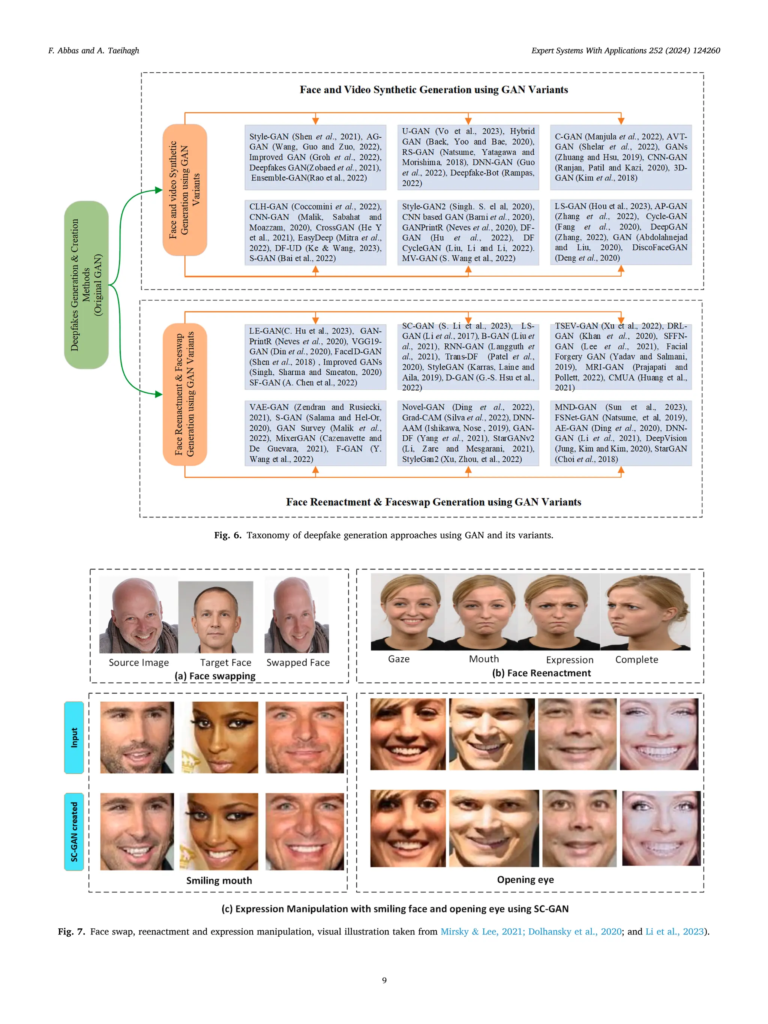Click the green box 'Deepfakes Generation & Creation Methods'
86,285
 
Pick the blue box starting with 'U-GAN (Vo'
468,157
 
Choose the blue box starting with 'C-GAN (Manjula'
620,157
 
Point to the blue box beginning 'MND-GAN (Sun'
620,433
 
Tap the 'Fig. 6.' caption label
228,535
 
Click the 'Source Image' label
138,663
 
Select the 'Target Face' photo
216,617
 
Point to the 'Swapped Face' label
298,663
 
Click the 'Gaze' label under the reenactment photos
399,659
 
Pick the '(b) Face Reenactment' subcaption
541,673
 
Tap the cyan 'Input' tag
74,738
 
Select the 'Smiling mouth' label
219,880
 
